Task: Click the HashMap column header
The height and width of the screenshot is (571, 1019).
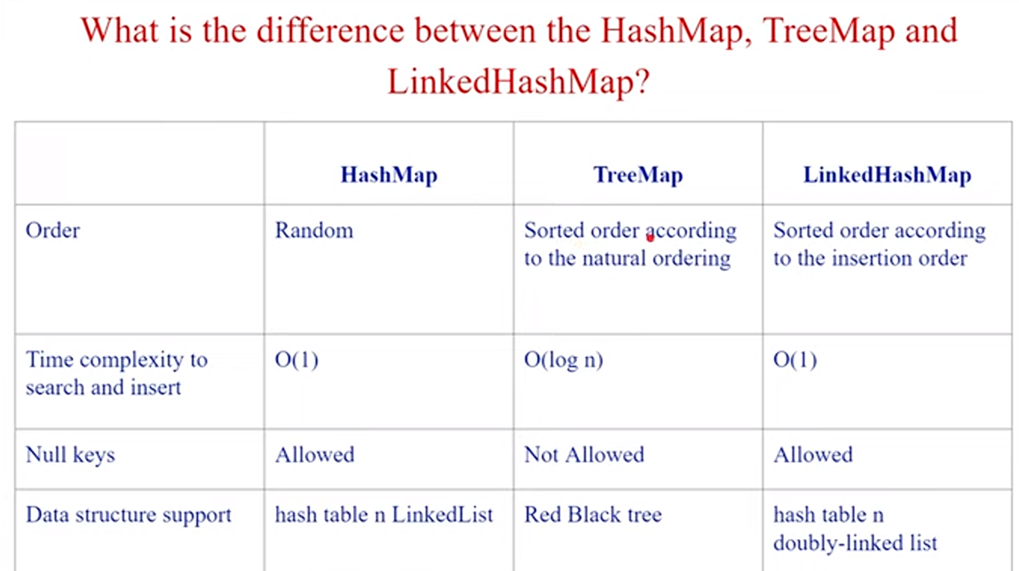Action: (x=389, y=175)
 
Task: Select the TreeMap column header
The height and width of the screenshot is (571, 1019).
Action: (x=637, y=175)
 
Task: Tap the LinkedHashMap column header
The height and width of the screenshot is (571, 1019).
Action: (x=887, y=175)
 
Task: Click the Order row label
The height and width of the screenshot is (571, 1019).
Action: (x=52, y=230)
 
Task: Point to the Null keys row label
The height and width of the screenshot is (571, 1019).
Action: (x=70, y=455)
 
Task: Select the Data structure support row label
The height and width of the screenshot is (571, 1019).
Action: (x=129, y=515)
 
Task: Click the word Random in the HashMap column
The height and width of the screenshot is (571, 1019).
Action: (x=314, y=230)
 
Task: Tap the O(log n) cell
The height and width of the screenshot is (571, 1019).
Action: (x=564, y=360)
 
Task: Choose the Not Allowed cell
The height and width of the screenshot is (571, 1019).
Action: (x=584, y=455)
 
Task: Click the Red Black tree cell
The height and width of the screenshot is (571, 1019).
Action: (x=593, y=514)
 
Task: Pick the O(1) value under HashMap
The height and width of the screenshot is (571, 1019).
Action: (x=296, y=360)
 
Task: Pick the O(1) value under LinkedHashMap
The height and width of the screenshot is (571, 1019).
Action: (x=794, y=360)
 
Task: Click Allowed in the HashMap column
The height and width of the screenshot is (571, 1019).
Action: (x=314, y=455)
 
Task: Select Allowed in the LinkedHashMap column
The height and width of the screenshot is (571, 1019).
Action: (x=813, y=455)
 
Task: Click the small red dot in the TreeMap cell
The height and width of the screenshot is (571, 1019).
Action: (x=650, y=237)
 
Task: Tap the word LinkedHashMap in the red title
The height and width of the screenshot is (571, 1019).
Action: (x=510, y=82)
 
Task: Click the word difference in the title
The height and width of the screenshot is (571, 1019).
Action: (x=331, y=30)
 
